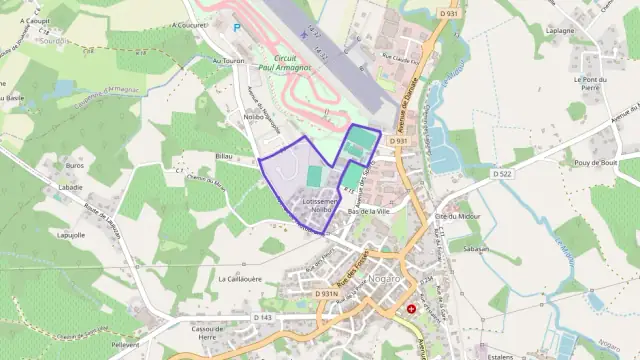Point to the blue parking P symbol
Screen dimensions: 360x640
(236, 28)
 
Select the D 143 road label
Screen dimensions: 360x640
(262, 317)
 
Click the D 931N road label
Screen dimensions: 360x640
(325, 294)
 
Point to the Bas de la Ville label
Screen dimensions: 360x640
(367, 212)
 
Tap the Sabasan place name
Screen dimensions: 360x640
(475, 248)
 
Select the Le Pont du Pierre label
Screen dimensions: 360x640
(591, 82)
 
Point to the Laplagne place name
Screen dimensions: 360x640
(587, 31)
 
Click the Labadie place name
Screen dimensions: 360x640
(70, 187)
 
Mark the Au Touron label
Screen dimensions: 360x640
(206, 60)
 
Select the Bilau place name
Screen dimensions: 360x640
(223, 157)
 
